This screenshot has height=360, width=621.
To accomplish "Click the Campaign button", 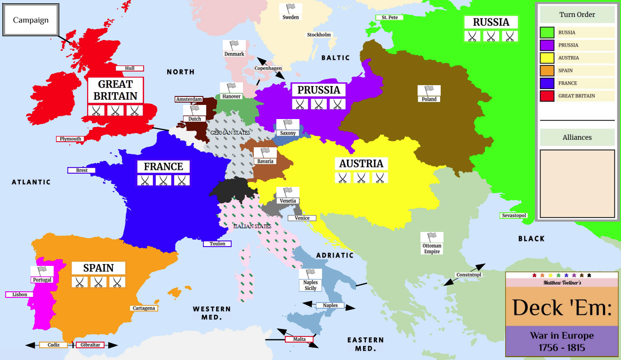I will click(31, 20).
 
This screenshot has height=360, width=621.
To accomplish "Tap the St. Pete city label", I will click(389, 17).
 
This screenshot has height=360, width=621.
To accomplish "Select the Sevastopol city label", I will click(513, 216).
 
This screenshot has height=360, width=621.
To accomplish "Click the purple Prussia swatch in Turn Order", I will click(547, 45).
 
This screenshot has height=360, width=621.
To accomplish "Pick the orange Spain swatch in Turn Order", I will click(547, 71).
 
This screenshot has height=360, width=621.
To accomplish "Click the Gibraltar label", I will click(90, 345).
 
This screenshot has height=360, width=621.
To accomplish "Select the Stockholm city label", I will click(319, 35).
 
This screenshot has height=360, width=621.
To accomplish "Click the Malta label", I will click(299, 339).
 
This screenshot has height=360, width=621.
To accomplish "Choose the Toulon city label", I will click(217, 244).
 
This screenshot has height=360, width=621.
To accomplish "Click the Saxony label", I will click(288, 133).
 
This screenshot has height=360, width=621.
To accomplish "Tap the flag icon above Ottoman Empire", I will click(432, 237).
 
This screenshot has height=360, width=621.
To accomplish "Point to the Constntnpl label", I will click(469, 275).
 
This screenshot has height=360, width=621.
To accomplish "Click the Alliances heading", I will click(577, 137).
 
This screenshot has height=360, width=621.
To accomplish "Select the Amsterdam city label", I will click(189, 99).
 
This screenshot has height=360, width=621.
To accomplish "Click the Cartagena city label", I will click(144, 308).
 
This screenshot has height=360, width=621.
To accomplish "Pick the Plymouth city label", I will click(71, 139).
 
